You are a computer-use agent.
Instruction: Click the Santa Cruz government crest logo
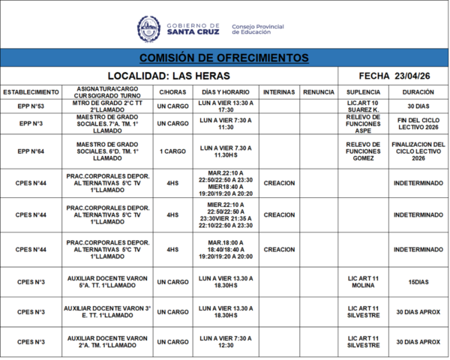pyautogui.click(x=148, y=28)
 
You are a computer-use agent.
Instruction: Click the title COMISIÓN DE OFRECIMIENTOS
pyautogui.click(x=223, y=58)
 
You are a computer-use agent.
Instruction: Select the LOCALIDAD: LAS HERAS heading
pyautogui.click(x=169, y=76)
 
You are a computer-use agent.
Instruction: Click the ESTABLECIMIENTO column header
pyautogui.click(x=31, y=91)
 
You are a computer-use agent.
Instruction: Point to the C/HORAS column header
pyautogui.click(x=172, y=91)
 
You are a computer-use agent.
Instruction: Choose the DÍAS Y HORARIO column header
pyautogui.click(x=226, y=91)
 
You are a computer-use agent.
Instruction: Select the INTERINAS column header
pyautogui.click(x=279, y=91)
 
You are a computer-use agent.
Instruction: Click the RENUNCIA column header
pyautogui.click(x=319, y=91)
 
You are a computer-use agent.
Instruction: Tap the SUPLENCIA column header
pyautogui.click(x=363, y=91)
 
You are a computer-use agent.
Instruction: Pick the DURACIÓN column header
pyautogui.click(x=418, y=91)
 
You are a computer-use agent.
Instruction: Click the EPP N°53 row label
pyautogui.click(x=31, y=106)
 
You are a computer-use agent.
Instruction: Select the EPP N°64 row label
pyautogui.click(x=31, y=151)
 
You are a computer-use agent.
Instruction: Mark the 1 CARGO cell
pyautogui.click(x=172, y=151)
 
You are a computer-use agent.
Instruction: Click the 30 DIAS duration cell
pyautogui.click(x=418, y=106)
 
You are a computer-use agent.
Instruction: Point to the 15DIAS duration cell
pyautogui.click(x=418, y=282)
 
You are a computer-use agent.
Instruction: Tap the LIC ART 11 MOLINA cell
pyautogui.click(x=363, y=282)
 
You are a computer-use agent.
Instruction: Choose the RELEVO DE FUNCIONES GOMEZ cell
pyautogui.click(x=363, y=151)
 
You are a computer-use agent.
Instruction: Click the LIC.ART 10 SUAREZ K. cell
pyautogui.click(x=363, y=106)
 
